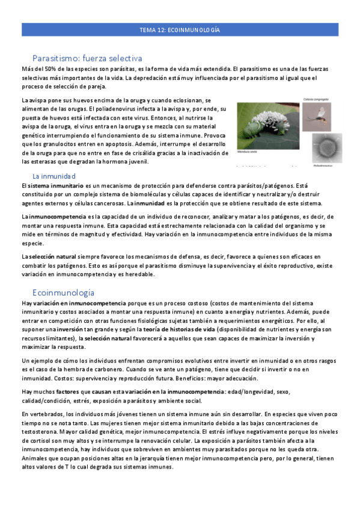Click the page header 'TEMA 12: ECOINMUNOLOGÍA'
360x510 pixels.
[180, 29]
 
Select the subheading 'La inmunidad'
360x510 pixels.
[53, 176]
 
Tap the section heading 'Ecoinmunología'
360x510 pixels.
[63, 292]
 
